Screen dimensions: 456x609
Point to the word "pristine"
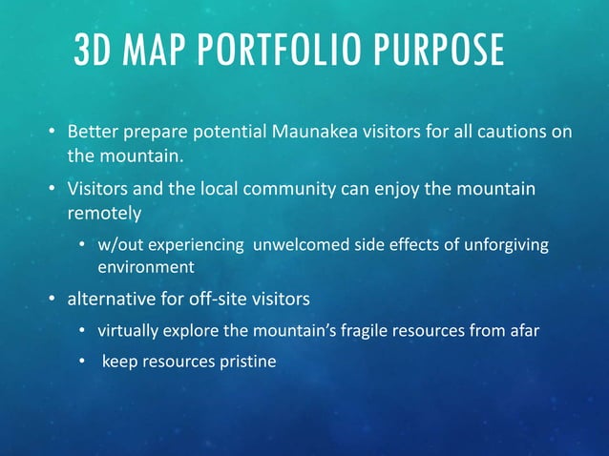[246, 362]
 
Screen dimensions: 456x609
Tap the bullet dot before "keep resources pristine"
[84, 363]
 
